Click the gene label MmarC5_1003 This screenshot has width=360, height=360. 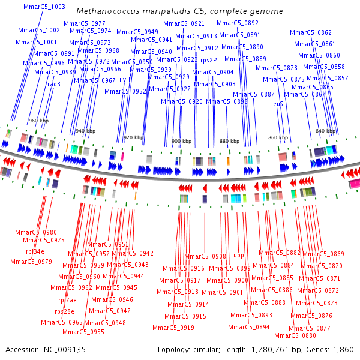(44, 7)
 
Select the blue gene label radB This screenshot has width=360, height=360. (54, 85)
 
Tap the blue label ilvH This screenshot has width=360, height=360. (125, 79)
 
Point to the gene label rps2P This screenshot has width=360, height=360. (209, 60)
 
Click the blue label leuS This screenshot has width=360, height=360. (277, 104)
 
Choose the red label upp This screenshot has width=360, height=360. (239, 256)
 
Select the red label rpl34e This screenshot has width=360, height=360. (35, 251)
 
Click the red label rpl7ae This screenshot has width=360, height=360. (67, 300)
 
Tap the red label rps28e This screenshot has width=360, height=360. (64, 311)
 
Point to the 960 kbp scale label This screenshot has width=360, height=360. (38, 121)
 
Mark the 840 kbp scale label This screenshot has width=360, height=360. (325, 131)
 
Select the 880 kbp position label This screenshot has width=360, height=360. (229, 141)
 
